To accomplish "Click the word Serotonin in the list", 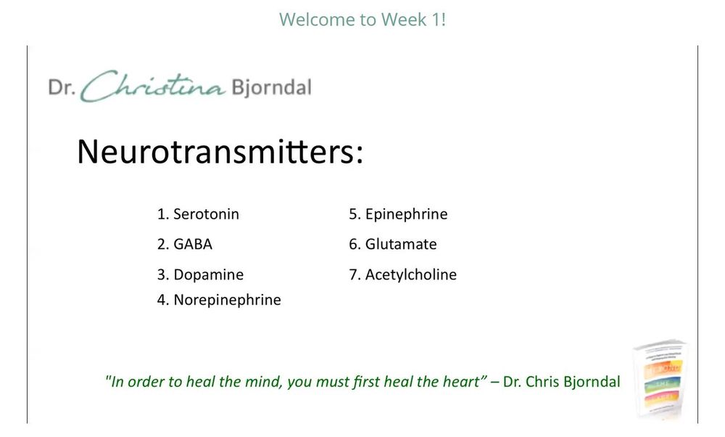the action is pyautogui.click(x=206, y=214).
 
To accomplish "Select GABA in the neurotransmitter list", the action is pyautogui.click(x=192, y=245).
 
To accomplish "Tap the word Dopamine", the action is pyautogui.click(x=208, y=275).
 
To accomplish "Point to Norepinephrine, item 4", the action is pyautogui.click(x=227, y=300).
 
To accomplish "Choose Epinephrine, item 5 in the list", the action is pyautogui.click(x=407, y=214).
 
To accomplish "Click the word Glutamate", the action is pyautogui.click(x=401, y=245).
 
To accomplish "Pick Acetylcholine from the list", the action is pyautogui.click(x=411, y=275).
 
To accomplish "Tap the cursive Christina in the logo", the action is pyautogui.click(x=153, y=86).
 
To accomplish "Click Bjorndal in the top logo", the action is pyautogui.click(x=271, y=88).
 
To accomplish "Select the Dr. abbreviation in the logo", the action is pyautogui.click(x=62, y=87).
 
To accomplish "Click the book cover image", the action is pyautogui.click(x=660, y=379).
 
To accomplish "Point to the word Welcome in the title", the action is pyautogui.click(x=312, y=20).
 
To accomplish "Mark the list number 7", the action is pyautogui.click(x=354, y=275).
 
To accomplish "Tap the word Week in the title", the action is pyautogui.click(x=404, y=20).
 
